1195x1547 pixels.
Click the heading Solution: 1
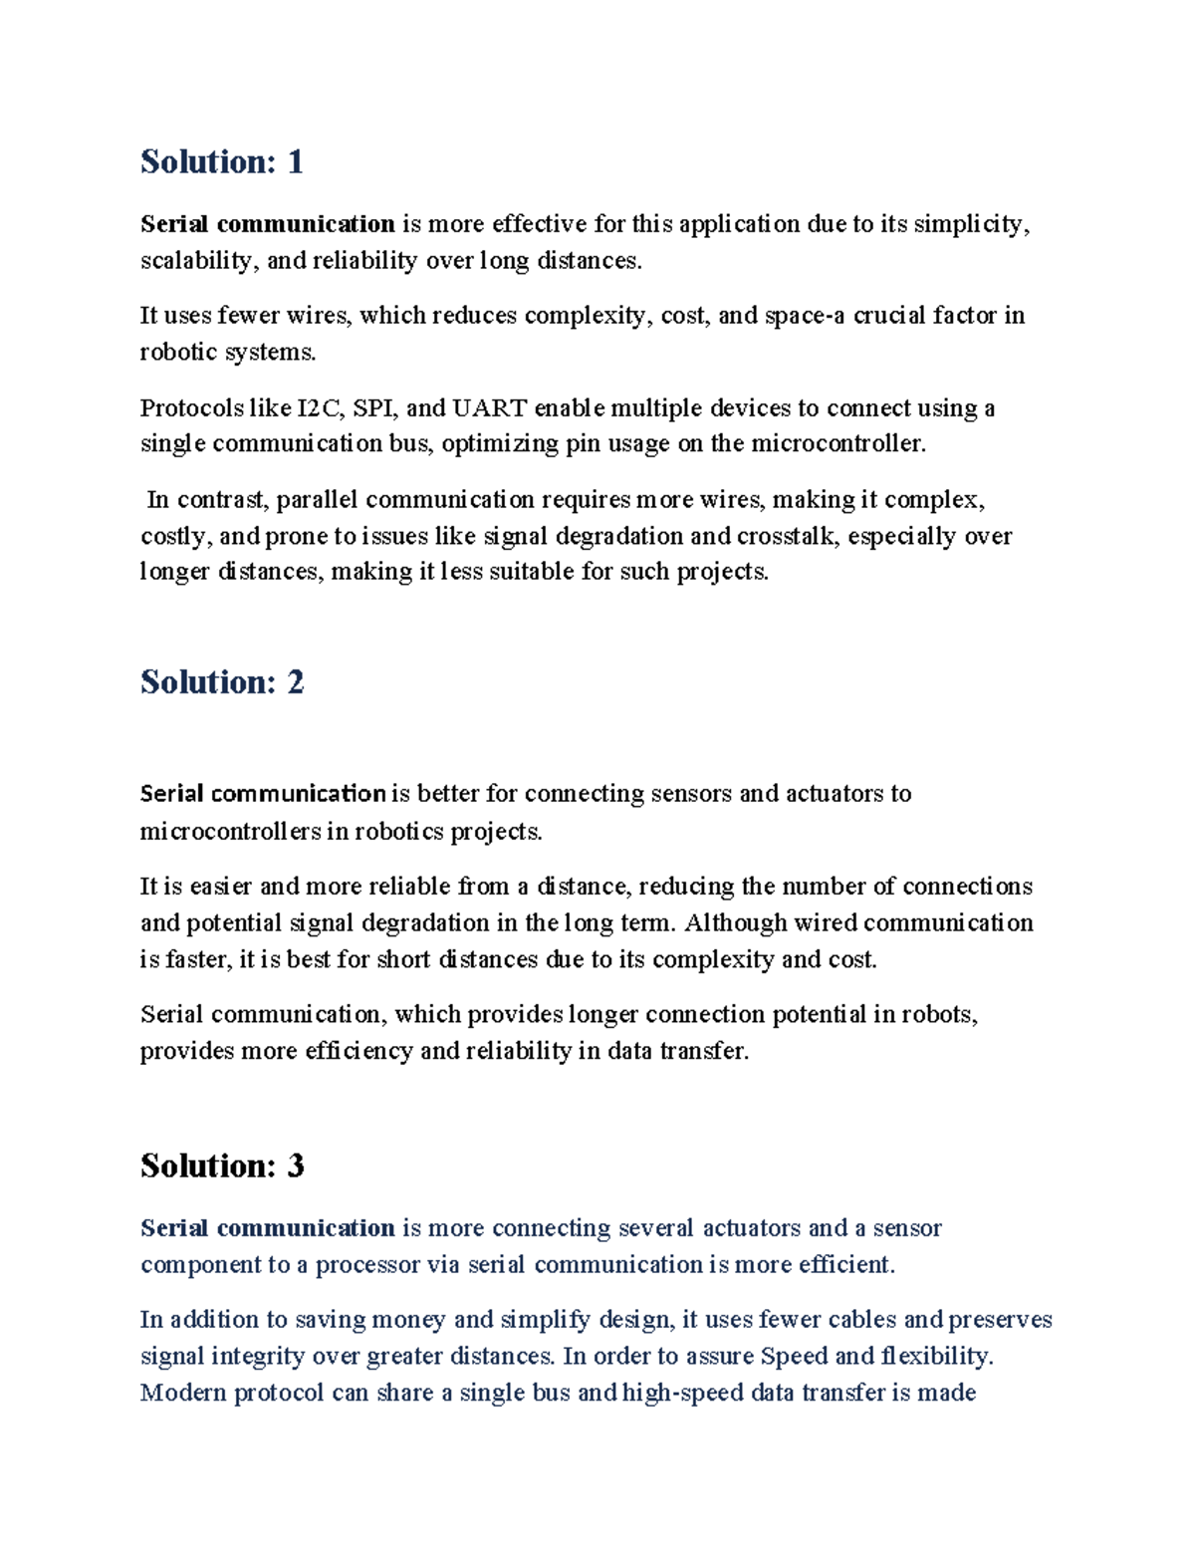[x=221, y=161]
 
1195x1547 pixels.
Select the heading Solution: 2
[x=221, y=682]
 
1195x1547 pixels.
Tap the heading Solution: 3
[x=221, y=1165]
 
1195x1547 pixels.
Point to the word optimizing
[x=501, y=444]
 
